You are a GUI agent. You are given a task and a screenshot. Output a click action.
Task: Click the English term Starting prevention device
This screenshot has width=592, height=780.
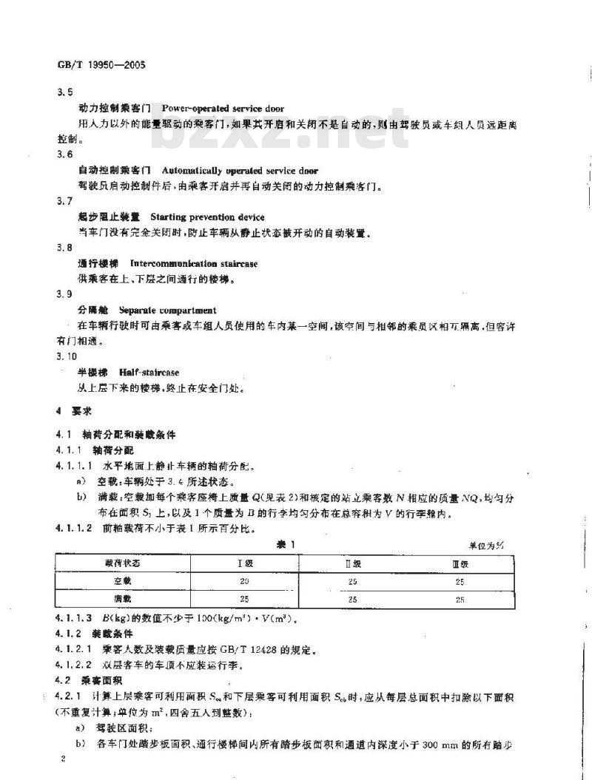click(207, 217)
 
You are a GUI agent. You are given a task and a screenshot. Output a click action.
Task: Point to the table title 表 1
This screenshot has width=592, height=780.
click(285, 545)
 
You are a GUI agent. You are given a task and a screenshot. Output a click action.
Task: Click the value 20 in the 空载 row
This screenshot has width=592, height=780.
click(244, 581)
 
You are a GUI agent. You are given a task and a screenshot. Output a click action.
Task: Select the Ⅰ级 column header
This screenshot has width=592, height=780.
click(244, 563)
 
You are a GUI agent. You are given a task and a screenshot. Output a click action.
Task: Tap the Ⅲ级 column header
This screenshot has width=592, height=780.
click(460, 563)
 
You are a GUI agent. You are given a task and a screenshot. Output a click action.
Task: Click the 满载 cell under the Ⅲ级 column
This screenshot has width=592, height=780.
click(460, 600)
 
